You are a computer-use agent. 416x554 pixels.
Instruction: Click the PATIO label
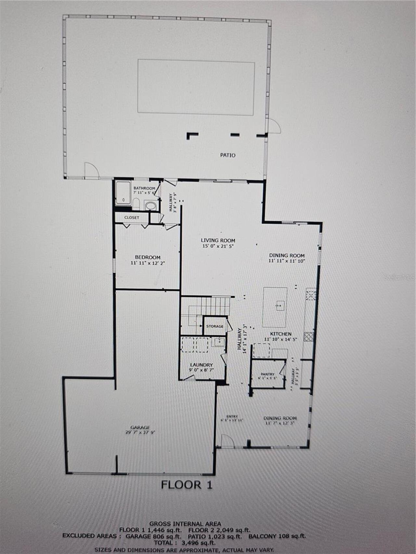[x=228, y=155]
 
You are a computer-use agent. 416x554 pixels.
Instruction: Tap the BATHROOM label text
[x=144, y=188]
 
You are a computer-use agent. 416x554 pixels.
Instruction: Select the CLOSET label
[x=132, y=217]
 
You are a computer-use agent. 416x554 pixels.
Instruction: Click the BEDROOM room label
[x=148, y=257]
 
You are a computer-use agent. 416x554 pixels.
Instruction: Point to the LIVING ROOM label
[x=218, y=240]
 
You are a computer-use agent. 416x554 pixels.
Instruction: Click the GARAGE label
[x=140, y=427]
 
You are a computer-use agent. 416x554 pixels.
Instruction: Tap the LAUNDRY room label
[x=201, y=365]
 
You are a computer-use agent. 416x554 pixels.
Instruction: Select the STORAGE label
[x=215, y=326]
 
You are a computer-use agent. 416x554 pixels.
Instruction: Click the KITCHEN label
[x=281, y=334]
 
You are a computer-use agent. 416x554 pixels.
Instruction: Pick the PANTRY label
[x=267, y=374]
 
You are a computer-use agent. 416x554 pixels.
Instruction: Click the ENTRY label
[x=232, y=416]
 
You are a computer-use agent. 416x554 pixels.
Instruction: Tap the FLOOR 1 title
[x=187, y=485]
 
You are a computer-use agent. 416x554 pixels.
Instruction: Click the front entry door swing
[x=227, y=441]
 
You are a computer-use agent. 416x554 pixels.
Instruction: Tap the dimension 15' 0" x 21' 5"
[x=218, y=246]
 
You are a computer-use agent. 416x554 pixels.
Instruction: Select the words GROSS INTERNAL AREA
[x=185, y=523]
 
